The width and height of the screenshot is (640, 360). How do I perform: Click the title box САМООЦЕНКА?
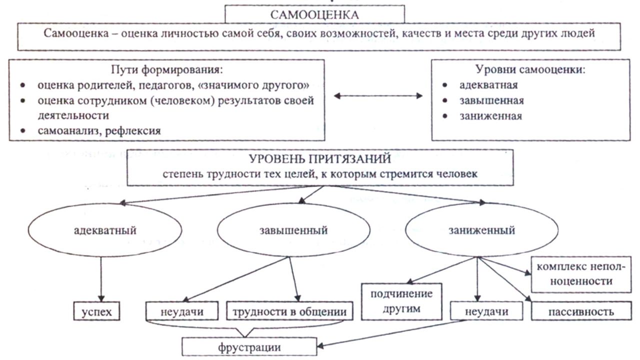point(314,14)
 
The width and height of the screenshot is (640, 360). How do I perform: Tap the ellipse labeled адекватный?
point(104,231)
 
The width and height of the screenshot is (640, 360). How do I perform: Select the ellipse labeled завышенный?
point(293,231)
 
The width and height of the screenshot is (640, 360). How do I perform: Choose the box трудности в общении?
point(289,312)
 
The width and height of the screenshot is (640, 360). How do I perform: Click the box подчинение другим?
point(401,301)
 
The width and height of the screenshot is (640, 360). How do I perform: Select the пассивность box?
point(580,312)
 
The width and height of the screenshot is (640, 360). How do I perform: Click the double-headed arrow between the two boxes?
point(378,96)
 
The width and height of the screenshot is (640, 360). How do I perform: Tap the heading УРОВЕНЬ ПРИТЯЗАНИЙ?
point(319,159)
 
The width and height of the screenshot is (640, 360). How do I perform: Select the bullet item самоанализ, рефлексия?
point(99,131)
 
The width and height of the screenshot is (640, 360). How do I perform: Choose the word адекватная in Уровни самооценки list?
point(488,85)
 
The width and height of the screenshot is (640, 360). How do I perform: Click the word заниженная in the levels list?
point(490,116)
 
